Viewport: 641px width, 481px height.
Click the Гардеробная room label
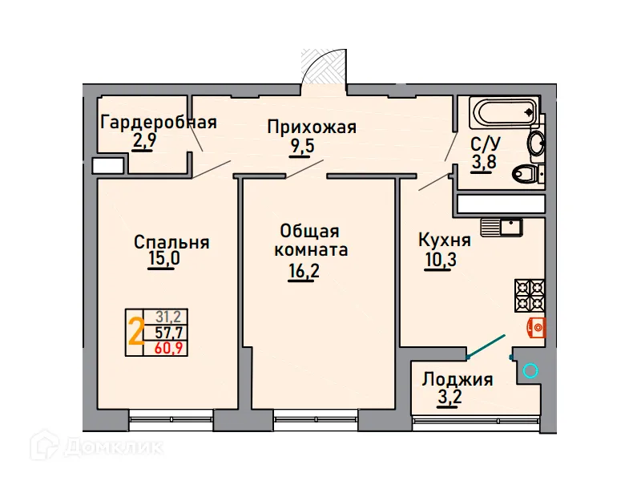[159, 123]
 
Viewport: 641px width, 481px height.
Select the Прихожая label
[311, 127]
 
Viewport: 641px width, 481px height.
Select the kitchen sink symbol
[502, 227]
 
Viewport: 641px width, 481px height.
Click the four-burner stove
[529, 295]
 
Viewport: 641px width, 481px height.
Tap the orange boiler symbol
[537, 326]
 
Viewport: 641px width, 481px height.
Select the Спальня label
[171, 242]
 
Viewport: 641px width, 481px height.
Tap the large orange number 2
[136, 332]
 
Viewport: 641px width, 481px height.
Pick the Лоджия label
[458, 379]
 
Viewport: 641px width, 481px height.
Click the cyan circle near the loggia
[529, 370]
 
